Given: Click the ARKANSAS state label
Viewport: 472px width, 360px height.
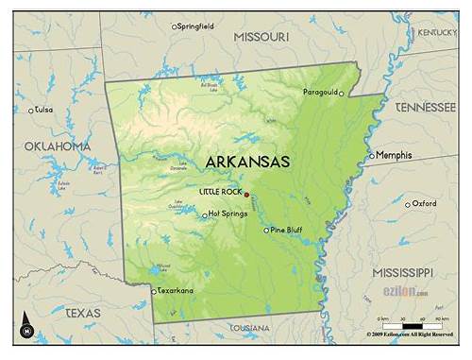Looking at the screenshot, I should (x=246, y=162).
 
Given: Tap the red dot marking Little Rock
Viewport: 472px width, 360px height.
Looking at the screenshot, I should (x=247, y=194).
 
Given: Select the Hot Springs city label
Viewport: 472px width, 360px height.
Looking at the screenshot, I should (x=227, y=214).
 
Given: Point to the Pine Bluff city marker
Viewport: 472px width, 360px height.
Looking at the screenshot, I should (x=266, y=230).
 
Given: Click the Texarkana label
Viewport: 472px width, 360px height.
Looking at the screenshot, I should (x=175, y=290).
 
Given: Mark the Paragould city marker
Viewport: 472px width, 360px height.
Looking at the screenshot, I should (x=342, y=94).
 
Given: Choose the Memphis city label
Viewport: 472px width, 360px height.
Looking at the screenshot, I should (x=394, y=154).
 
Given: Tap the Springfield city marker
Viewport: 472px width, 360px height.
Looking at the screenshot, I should (x=174, y=26).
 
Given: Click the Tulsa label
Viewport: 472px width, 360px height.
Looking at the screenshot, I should (x=43, y=110).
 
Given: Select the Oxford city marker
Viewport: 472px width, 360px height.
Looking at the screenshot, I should (x=408, y=204).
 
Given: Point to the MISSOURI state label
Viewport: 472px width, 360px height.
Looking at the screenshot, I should (x=261, y=36).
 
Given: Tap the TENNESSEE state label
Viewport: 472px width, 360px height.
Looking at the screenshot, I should (x=425, y=107).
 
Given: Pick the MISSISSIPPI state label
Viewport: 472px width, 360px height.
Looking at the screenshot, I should (x=404, y=272).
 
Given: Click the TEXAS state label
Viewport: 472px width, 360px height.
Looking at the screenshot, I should (x=82, y=312).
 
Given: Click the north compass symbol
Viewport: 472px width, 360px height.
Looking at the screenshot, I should (x=27, y=327).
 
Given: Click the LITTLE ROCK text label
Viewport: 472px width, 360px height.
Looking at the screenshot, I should (x=220, y=192).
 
